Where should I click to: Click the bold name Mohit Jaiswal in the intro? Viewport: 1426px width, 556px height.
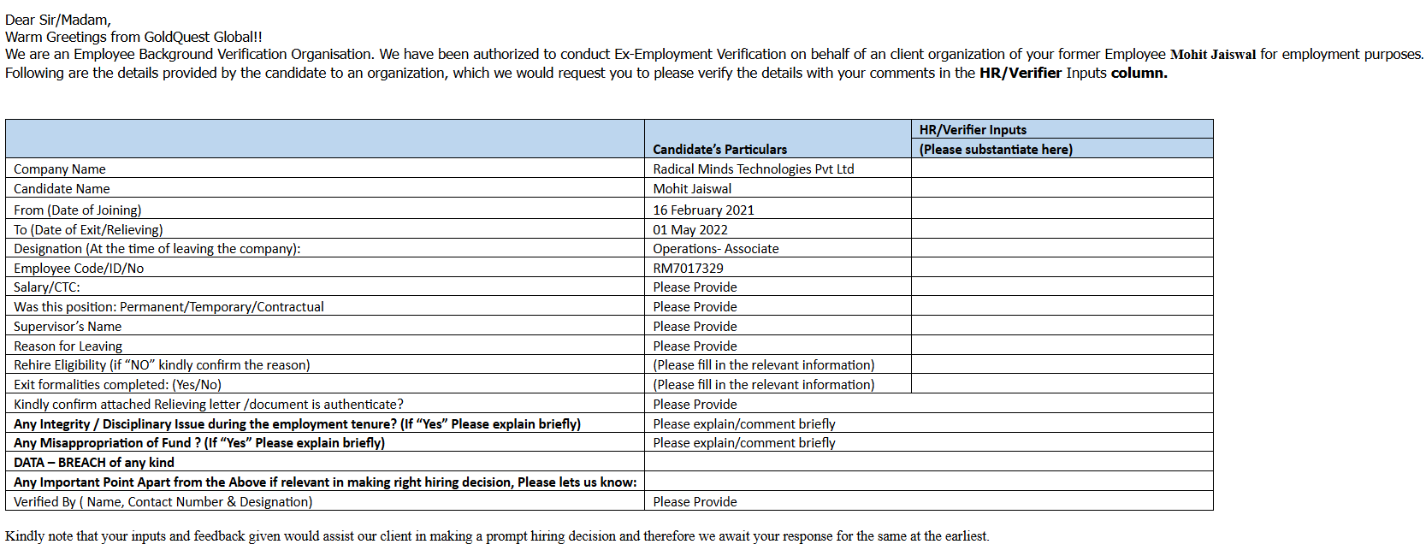tap(1212, 55)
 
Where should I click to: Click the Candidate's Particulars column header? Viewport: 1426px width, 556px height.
tap(719, 149)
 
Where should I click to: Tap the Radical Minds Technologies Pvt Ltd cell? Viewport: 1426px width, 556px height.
tap(753, 169)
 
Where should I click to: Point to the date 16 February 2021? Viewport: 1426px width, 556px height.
tap(703, 210)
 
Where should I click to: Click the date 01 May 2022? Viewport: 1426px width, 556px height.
tap(689, 230)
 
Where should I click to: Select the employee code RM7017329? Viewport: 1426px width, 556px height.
tap(688, 269)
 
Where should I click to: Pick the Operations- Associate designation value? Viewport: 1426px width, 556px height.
tap(715, 249)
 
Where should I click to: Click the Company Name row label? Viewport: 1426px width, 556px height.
tap(60, 169)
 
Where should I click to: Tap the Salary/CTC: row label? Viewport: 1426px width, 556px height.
tap(47, 287)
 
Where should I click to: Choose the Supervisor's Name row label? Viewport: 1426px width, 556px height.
tap(68, 327)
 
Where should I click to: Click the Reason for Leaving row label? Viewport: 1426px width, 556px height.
tap(68, 346)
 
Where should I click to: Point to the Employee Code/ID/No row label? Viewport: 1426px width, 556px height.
tap(79, 269)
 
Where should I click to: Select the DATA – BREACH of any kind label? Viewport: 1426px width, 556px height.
tap(94, 463)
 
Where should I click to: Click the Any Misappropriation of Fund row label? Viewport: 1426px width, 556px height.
tap(199, 443)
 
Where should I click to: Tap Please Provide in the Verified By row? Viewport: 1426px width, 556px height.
tap(695, 502)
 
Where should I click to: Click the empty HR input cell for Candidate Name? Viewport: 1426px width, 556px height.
tap(1061, 189)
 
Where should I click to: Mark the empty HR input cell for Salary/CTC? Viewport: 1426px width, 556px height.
tap(1061, 287)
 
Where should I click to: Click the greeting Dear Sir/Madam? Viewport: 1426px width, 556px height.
tap(58, 20)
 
